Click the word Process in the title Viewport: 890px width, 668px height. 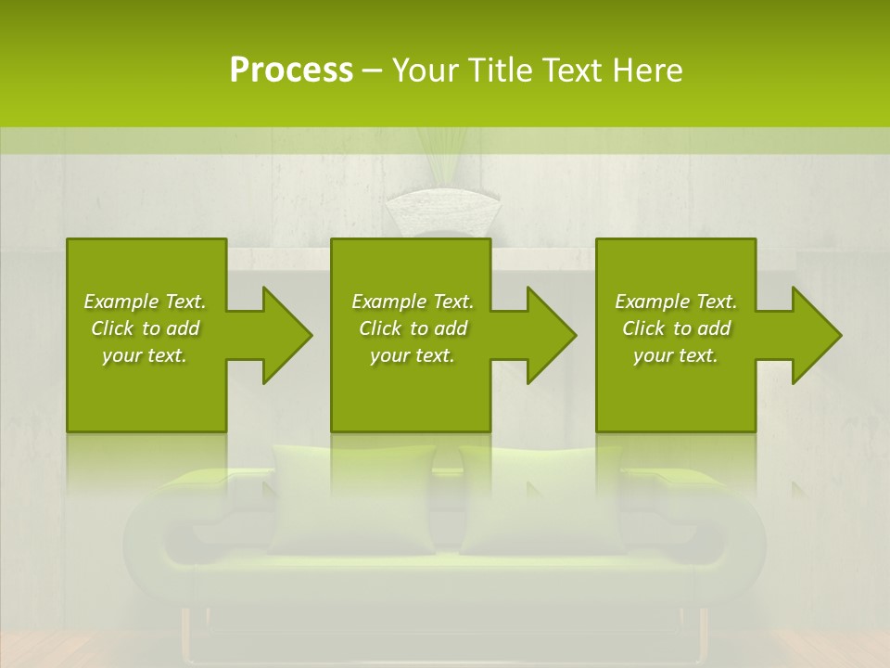291,71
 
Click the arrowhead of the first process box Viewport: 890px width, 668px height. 279,335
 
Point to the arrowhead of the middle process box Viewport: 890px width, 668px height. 543,335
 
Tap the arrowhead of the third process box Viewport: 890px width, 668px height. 808,335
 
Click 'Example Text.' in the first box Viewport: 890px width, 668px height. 145,302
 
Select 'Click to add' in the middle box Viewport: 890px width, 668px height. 413,328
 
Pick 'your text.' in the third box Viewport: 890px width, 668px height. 675,355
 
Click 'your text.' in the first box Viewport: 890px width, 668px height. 145,355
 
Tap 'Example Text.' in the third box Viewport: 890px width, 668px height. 675,302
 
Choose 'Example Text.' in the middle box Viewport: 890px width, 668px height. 413,302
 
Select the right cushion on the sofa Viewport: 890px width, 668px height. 542,501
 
